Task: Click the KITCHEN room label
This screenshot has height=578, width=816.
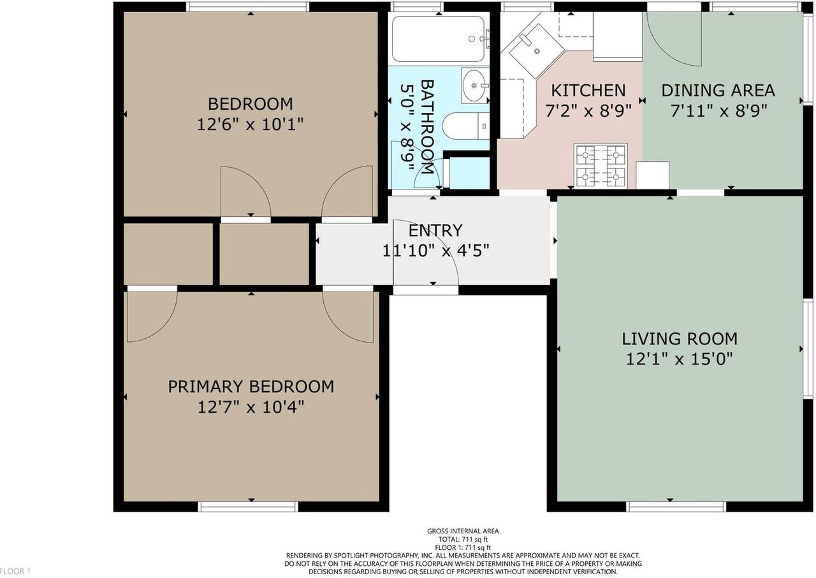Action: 588,91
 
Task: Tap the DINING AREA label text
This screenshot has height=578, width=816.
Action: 718,91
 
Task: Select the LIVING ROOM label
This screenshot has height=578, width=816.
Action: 680,339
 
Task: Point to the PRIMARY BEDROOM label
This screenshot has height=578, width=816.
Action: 251,387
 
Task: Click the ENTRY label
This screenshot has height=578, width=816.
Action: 435,230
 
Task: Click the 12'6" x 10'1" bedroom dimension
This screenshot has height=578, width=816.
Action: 251,125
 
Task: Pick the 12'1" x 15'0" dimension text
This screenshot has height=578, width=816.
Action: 680,359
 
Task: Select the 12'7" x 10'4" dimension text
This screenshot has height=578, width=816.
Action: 251,407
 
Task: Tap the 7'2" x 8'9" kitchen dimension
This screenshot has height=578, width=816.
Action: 588,111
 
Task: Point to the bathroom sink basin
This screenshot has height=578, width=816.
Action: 474,85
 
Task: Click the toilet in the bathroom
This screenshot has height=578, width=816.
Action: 466,126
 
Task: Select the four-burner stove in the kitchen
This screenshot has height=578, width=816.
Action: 601,166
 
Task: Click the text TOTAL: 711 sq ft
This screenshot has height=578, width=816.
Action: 463,539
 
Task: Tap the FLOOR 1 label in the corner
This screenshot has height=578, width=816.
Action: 15,572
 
